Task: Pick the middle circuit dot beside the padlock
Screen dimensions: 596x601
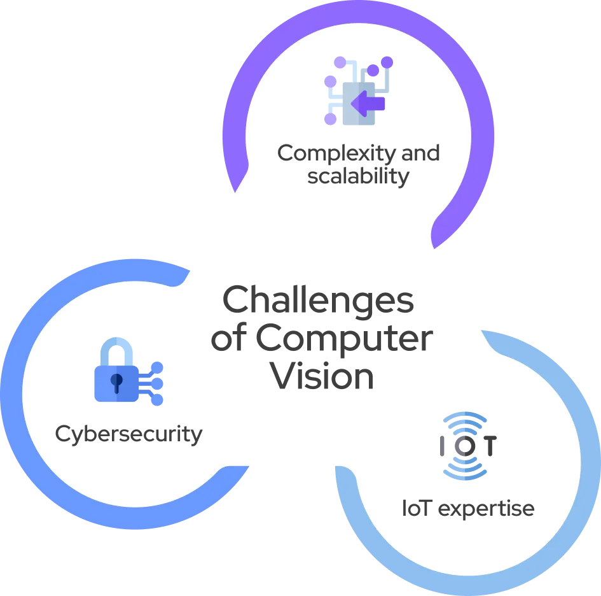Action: pos(161,384)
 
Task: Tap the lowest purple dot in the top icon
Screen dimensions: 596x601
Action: pos(330,119)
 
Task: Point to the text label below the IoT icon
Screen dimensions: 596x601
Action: pos(467,510)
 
